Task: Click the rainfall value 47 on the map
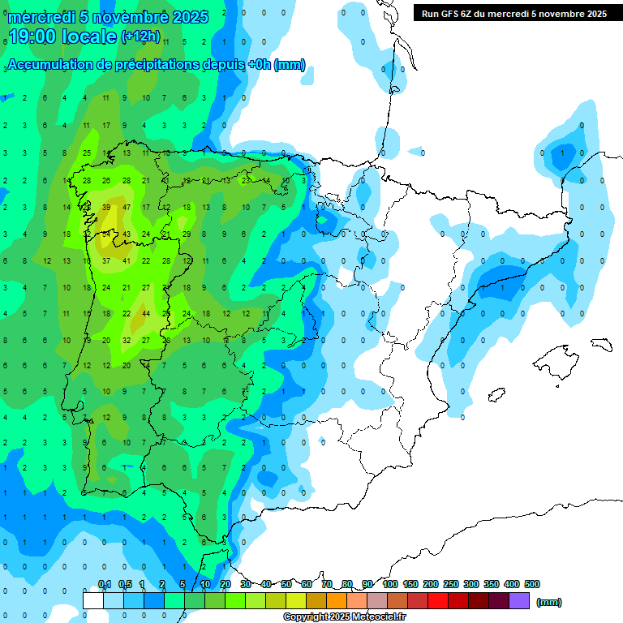click(126, 208)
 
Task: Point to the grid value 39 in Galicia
click(106, 208)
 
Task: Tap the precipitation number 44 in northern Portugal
click(146, 313)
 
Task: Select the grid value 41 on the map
click(126, 261)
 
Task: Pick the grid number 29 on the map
click(186, 234)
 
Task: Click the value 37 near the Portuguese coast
click(106, 261)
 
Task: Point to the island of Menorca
click(599, 343)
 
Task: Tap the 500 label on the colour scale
click(532, 584)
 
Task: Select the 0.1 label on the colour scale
click(105, 584)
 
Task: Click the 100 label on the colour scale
click(390, 584)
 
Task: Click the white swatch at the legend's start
click(93, 600)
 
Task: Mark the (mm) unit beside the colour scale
click(549, 602)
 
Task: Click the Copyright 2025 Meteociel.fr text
click(344, 617)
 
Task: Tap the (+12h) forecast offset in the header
click(140, 37)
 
